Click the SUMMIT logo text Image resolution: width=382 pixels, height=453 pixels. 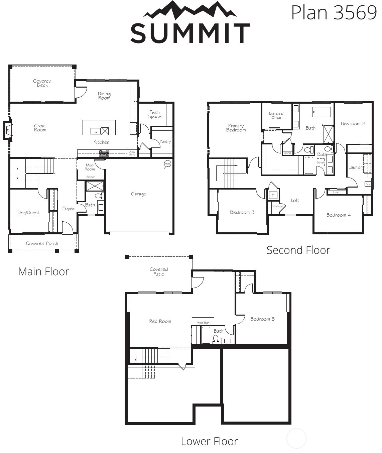190,33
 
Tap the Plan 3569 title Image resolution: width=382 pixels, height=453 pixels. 334,13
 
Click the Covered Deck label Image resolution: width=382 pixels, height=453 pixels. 42,83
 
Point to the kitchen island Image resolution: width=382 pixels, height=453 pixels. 99,127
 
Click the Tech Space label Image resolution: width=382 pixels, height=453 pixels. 155,115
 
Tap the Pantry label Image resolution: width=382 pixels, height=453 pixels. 165,141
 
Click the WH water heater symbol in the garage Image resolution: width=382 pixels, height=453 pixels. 167,164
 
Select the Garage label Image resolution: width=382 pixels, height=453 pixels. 139,194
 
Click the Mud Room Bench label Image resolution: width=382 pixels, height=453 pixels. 91,177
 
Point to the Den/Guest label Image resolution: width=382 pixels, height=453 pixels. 28,213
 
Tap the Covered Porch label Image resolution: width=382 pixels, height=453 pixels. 42,243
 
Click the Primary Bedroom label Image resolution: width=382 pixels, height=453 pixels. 236,128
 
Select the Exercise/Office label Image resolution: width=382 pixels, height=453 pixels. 276,116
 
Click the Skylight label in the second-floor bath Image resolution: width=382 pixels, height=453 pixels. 321,162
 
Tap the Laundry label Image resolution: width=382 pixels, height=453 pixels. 356,167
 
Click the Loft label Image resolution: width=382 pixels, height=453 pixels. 295,200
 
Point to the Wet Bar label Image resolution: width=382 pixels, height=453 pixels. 203,323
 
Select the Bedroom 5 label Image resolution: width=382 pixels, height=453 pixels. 262,319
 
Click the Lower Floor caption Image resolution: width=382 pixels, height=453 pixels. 209,441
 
